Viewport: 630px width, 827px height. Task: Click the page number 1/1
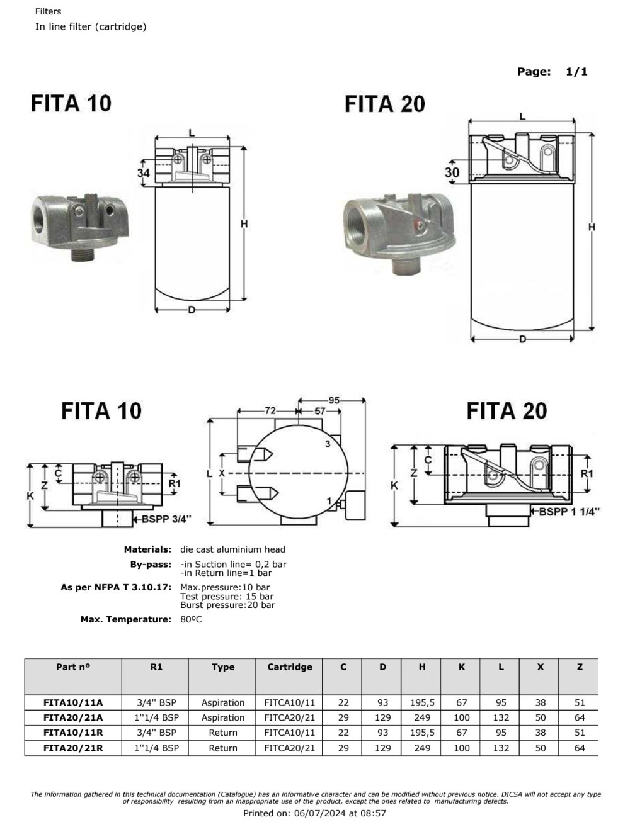click(x=576, y=72)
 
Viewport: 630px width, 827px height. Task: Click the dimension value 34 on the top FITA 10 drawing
click(x=144, y=172)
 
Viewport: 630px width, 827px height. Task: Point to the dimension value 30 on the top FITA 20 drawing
click(x=452, y=172)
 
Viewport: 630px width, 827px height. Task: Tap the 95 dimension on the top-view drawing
click(x=334, y=400)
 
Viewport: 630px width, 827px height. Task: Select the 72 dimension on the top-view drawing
click(x=270, y=411)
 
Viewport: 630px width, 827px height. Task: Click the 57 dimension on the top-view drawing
click(x=320, y=411)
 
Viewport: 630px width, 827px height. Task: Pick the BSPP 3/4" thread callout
click(x=166, y=519)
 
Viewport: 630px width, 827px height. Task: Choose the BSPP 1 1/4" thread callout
click(x=569, y=512)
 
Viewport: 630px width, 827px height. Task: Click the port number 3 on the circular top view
click(x=328, y=444)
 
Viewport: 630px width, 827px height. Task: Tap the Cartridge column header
click(x=290, y=667)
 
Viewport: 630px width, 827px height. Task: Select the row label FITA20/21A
click(x=73, y=717)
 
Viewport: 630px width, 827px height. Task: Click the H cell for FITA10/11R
click(x=422, y=733)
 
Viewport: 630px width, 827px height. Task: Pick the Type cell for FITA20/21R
click(x=223, y=748)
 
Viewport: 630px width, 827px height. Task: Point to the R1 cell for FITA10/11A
click(x=156, y=702)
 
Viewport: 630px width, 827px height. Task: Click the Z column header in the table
click(x=580, y=667)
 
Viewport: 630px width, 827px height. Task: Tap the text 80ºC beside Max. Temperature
click(x=191, y=619)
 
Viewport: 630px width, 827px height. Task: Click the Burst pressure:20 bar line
click(x=227, y=605)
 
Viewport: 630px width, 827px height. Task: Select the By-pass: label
click(x=151, y=564)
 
